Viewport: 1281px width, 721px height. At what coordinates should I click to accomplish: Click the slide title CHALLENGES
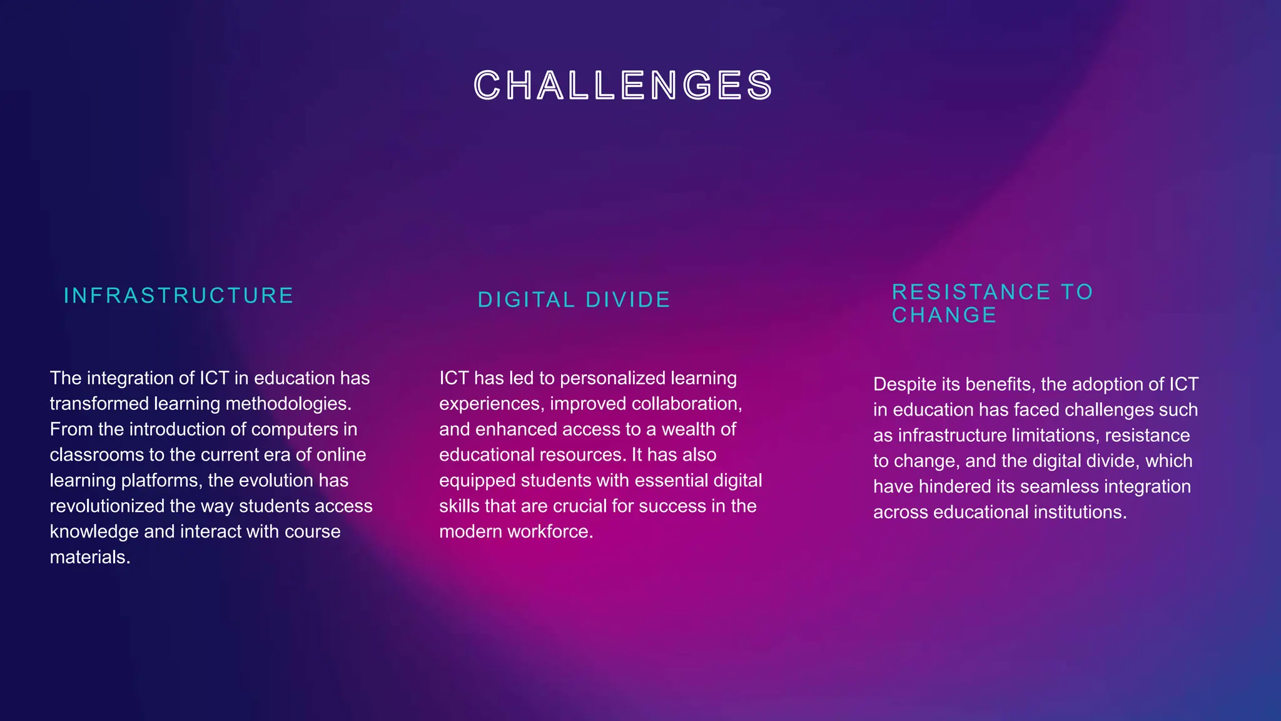[624, 86]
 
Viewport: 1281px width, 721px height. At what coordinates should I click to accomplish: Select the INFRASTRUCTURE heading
[179, 295]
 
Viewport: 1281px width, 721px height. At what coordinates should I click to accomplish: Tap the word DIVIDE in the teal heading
[628, 300]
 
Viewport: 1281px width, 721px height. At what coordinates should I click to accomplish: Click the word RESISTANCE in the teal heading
[971, 292]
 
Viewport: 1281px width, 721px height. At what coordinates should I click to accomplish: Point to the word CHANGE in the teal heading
[944, 315]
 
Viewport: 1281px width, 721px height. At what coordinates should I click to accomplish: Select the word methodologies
[288, 404]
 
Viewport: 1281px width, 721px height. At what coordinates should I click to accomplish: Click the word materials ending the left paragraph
[89, 557]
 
